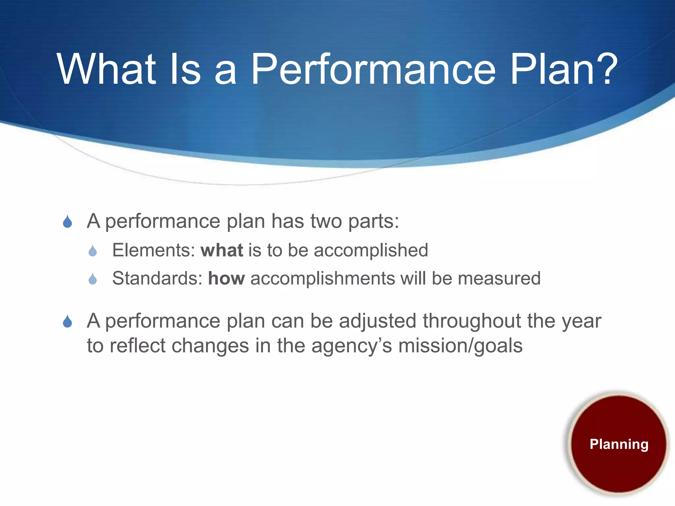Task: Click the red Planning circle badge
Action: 619,444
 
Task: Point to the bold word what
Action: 222,250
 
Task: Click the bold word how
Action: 226,279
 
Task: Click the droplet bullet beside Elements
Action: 93,251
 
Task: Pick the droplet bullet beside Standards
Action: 93,279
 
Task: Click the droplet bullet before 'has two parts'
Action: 68,222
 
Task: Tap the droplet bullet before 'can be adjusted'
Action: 68,322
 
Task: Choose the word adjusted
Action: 377,321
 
